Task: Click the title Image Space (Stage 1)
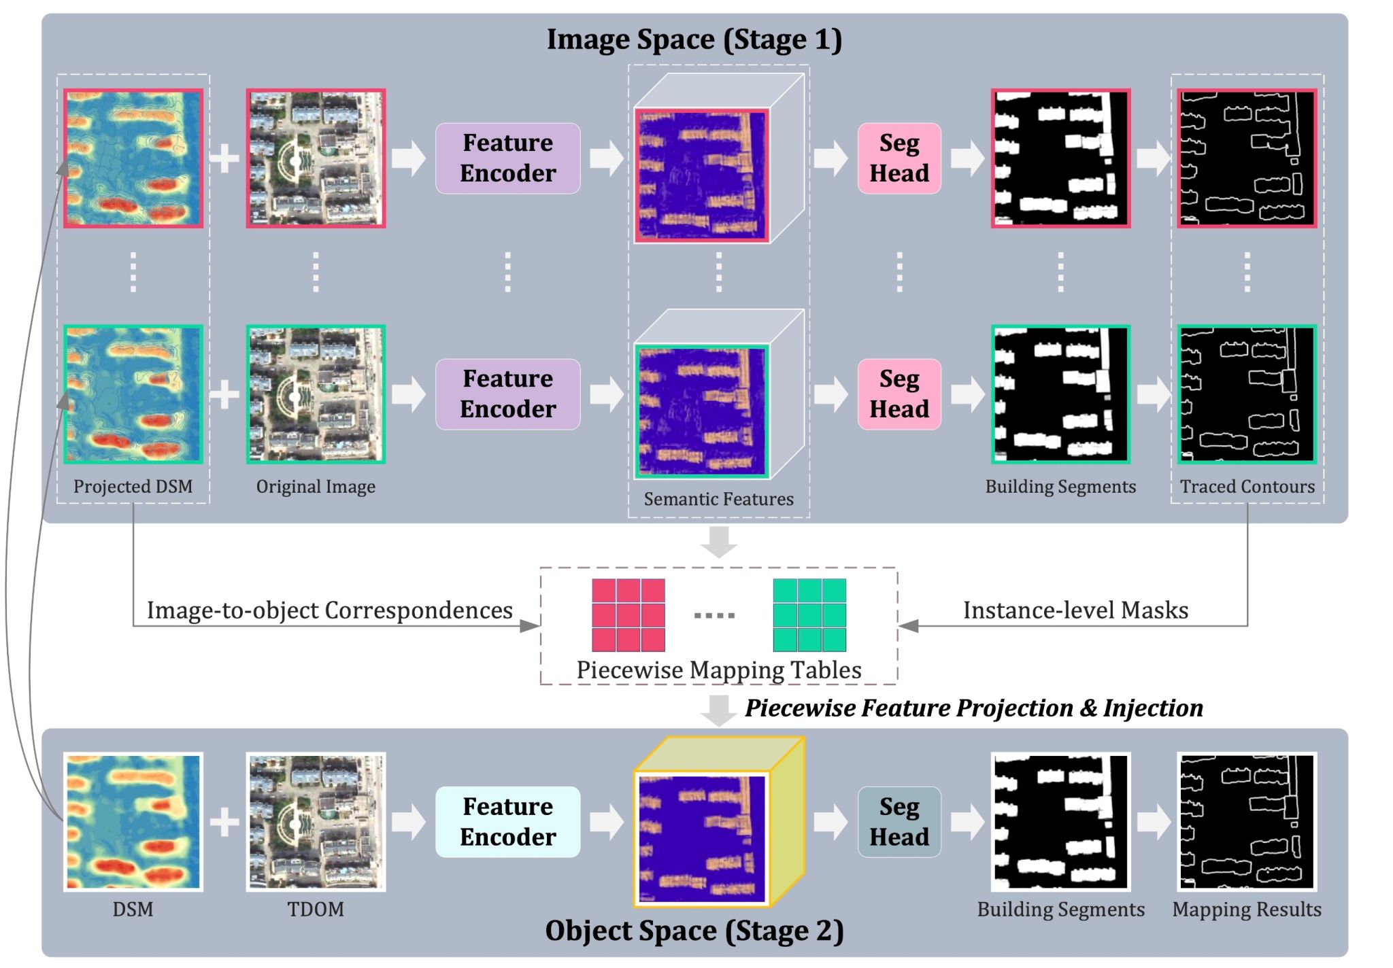pyautogui.click(x=694, y=39)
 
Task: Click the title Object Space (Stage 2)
pyautogui.click(x=694, y=931)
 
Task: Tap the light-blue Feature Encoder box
pyautogui.click(x=507, y=821)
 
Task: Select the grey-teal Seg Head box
pyautogui.click(x=899, y=821)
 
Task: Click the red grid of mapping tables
pyautogui.click(x=628, y=615)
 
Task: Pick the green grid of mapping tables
pyautogui.click(x=809, y=615)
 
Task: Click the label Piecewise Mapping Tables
pyautogui.click(x=718, y=670)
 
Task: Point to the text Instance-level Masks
pyautogui.click(x=1075, y=610)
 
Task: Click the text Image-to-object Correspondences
pyautogui.click(x=330, y=610)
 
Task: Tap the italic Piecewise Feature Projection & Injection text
pyautogui.click(x=974, y=708)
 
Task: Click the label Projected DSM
pyautogui.click(x=133, y=487)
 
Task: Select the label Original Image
pyautogui.click(x=316, y=487)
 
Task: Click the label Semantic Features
pyautogui.click(x=718, y=499)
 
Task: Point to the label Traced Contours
pyautogui.click(x=1247, y=487)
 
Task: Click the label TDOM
pyautogui.click(x=316, y=910)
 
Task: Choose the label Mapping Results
pyautogui.click(x=1247, y=910)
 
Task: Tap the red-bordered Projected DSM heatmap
pyautogui.click(x=133, y=158)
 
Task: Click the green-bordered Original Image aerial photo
pyautogui.click(x=316, y=394)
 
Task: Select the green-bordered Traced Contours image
pyautogui.click(x=1247, y=394)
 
